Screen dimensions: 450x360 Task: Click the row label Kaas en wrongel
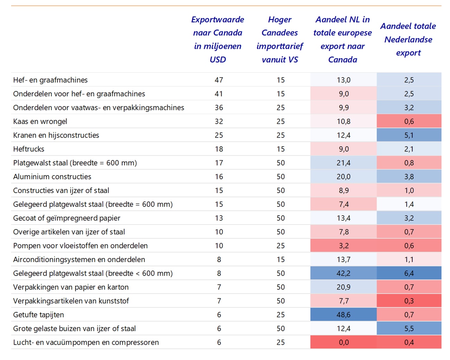[x=40, y=121]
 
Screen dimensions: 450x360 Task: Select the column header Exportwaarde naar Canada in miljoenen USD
[x=218, y=39]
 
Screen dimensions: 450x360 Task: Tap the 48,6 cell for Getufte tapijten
[x=344, y=315]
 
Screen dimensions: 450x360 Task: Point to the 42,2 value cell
[x=344, y=273]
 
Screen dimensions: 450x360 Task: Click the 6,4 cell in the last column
[x=409, y=273]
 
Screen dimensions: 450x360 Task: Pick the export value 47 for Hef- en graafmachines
[x=219, y=80]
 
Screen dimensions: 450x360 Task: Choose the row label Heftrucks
[x=29, y=149]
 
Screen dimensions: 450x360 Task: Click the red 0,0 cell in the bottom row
[x=344, y=342]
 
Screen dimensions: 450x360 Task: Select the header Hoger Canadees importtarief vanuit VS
[x=280, y=39]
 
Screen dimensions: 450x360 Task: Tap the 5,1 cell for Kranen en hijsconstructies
[x=409, y=135]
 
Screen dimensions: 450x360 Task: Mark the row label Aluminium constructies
[x=52, y=177]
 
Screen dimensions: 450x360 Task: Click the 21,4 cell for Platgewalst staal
[x=344, y=163]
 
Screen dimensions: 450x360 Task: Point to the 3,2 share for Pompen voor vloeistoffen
[x=344, y=246]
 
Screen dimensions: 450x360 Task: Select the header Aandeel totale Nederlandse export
[x=408, y=39]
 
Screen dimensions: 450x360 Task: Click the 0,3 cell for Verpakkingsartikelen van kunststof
[x=409, y=301]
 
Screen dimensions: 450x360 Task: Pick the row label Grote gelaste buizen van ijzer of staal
[x=74, y=328]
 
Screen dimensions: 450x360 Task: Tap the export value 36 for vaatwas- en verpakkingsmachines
[x=219, y=107]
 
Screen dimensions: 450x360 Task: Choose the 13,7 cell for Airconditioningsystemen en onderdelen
[x=344, y=259]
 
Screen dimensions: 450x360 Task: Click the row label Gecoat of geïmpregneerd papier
[x=67, y=218]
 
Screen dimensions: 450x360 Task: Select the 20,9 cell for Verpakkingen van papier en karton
[x=344, y=287]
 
